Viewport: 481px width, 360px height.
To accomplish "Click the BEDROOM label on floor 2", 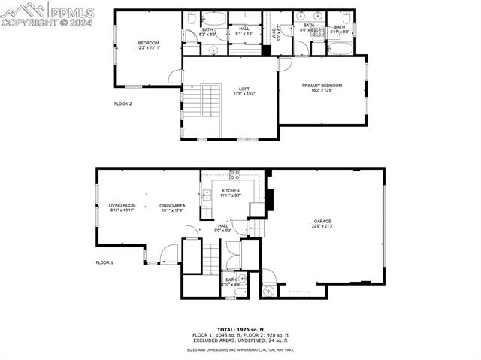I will pyautogui.click(x=148, y=43).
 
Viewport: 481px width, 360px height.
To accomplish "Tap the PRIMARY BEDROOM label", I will pyautogui.click(x=322, y=86).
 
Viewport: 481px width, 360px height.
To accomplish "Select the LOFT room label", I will pyautogui.click(x=244, y=89).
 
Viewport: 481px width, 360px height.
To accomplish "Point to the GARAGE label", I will pyautogui.click(x=322, y=221).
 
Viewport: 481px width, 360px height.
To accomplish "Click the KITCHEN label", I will pyautogui.click(x=230, y=191).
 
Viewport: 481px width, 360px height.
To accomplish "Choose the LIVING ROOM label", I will pyautogui.click(x=122, y=205).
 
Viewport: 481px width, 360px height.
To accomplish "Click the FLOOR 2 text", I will pyautogui.click(x=123, y=104).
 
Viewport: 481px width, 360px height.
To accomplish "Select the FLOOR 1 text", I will pyautogui.click(x=104, y=262).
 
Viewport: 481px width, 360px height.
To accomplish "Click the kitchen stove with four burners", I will pyautogui.click(x=234, y=175).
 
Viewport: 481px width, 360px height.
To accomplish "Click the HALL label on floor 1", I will pyautogui.click(x=223, y=225).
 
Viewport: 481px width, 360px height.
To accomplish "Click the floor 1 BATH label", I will pyautogui.click(x=230, y=280).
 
